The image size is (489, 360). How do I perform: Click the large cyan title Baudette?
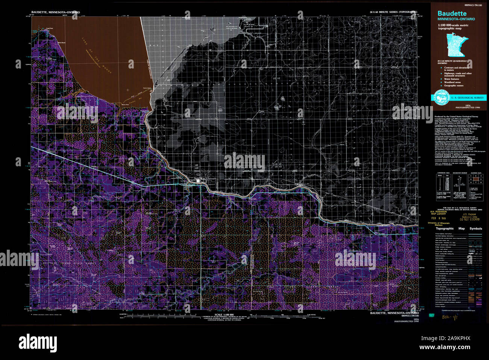pyautogui.click(x=452, y=14)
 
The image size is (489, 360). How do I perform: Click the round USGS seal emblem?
pyautogui.click(x=439, y=97)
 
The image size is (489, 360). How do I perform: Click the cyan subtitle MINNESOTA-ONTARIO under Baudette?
pyautogui.click(x=456, y=19)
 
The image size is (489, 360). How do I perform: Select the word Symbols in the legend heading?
pyautogui.click(x=475, y=229)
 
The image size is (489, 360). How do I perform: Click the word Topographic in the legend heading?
pyautogui.click(x=445, y=229)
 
